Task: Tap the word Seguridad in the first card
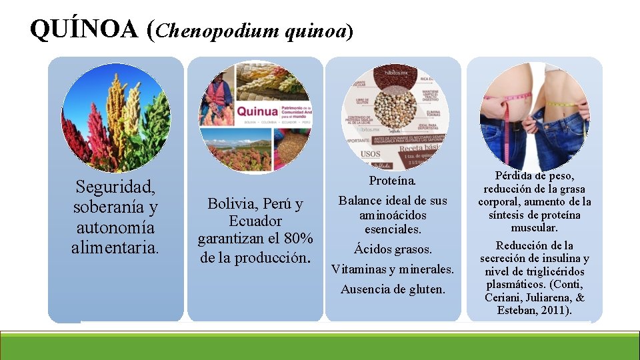pos(115,186)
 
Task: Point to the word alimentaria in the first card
pos(115,248)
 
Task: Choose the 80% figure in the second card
pos(298,239)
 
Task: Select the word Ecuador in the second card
pos(255,221)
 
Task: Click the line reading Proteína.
pos(393,181)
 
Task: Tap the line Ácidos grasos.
pos(393,249)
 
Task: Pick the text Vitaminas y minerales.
pos(393,269)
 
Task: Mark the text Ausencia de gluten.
pos(393,289)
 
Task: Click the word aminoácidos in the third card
pos(393,215)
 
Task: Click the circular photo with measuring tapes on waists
pos(534,114)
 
